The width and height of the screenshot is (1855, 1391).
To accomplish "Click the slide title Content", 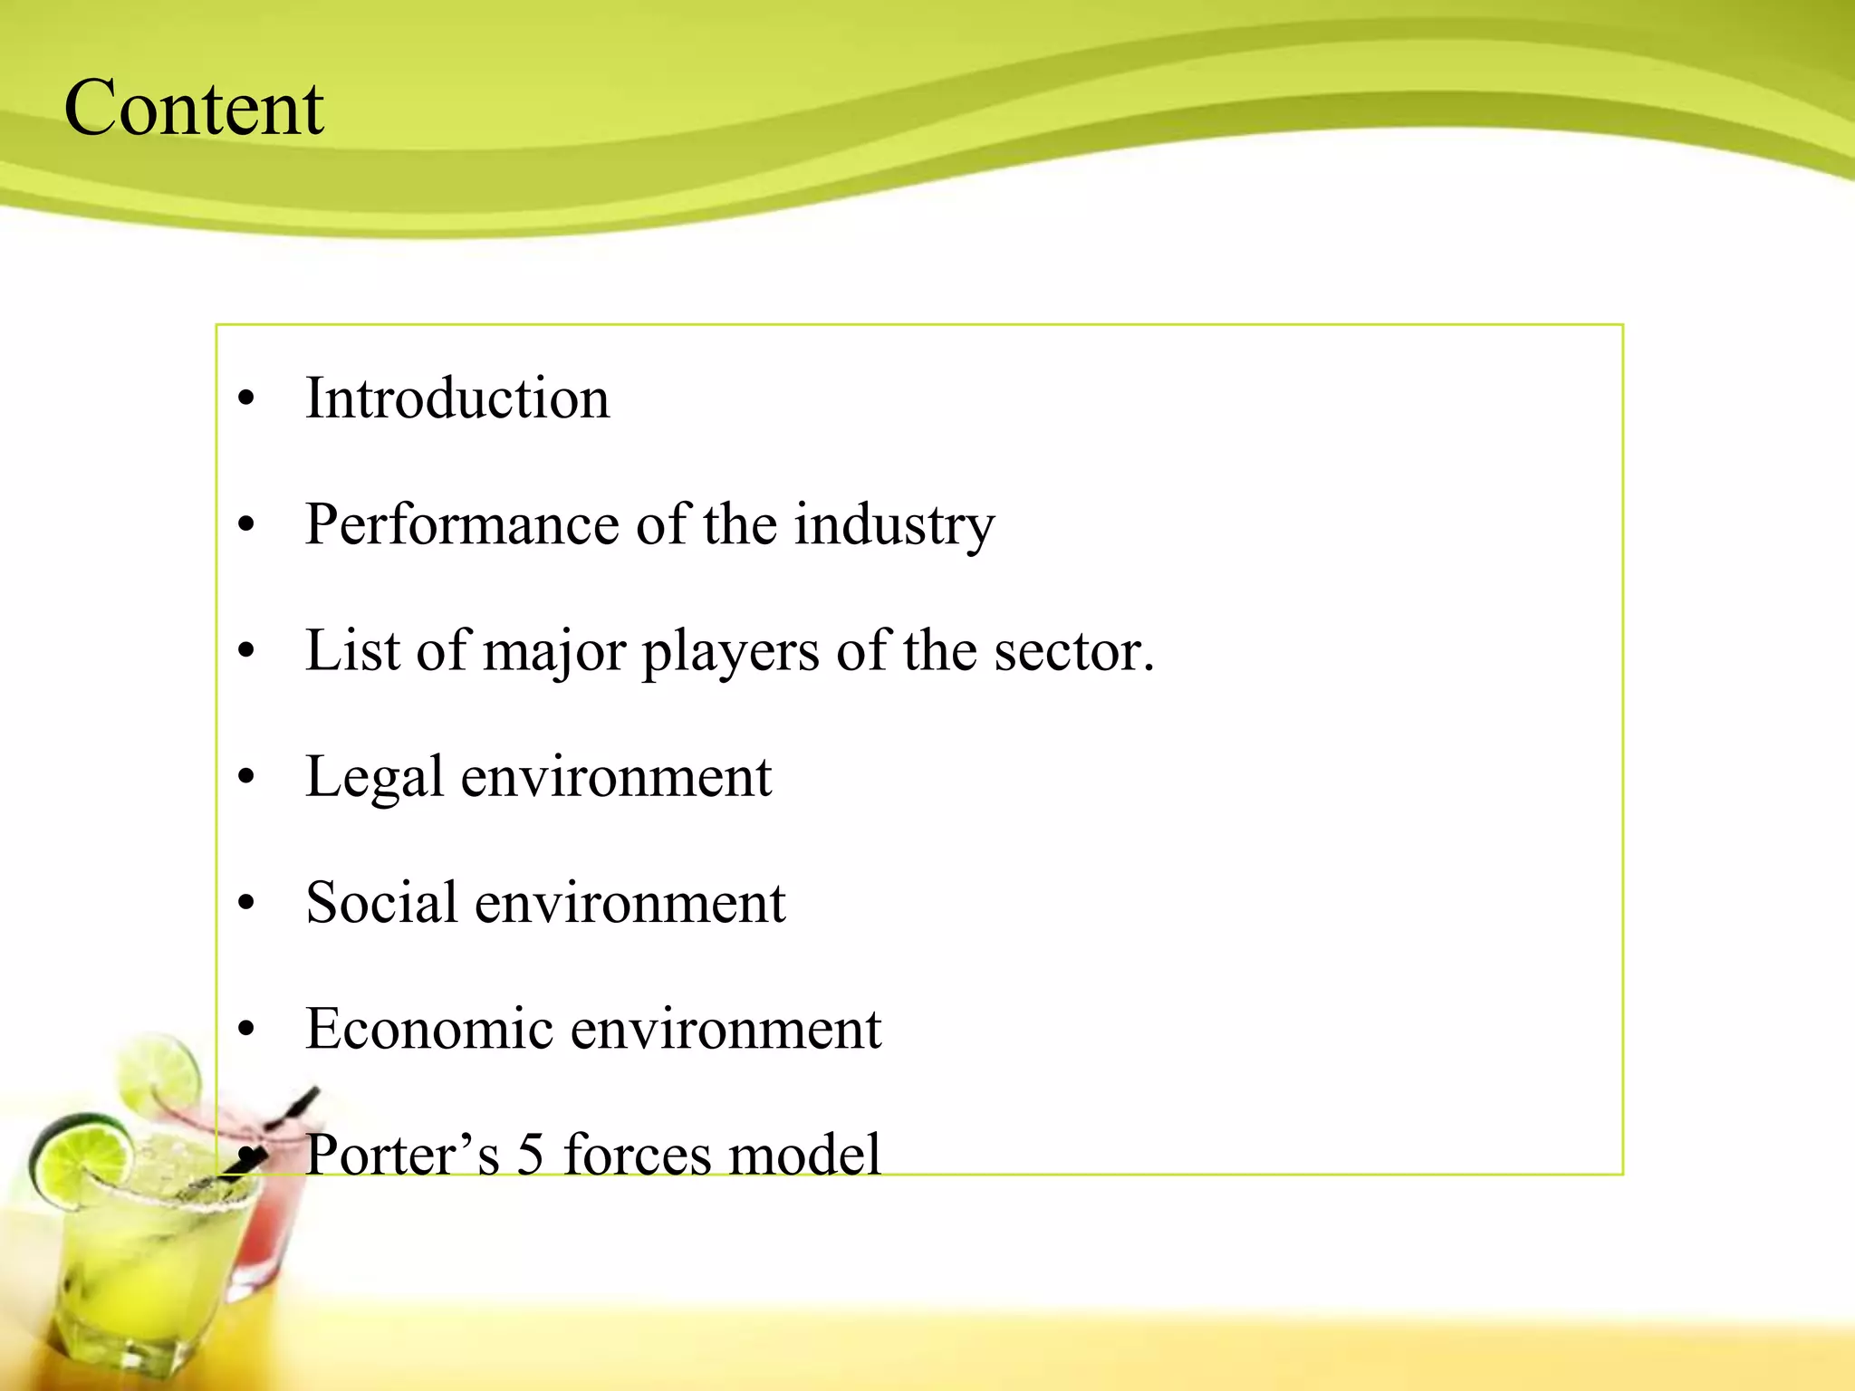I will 194,109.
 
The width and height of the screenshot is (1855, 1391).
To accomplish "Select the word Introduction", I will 457,398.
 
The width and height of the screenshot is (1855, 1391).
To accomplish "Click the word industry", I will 894,526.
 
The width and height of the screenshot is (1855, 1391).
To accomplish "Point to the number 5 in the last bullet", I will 531,1155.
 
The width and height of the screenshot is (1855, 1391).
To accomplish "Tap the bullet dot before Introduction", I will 246,398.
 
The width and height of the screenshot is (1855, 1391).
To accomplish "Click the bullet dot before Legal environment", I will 246,777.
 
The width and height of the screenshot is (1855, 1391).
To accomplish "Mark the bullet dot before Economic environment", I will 246,1029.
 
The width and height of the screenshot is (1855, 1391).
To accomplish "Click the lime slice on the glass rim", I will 82,1159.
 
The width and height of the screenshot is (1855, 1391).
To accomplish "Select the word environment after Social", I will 630,903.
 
